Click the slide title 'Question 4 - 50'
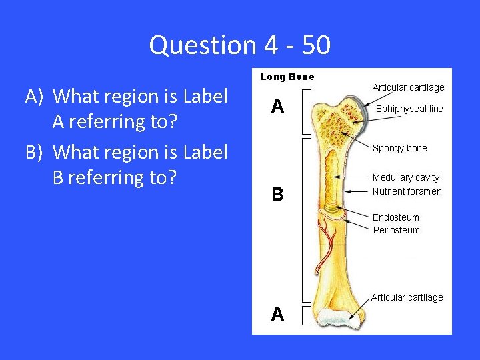click(x=240, y=45)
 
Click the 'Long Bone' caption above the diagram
click(x=287, y=77)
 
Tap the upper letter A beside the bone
click(x=277, y=107)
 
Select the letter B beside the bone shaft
click(x=277, y=195)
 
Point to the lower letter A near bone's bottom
click(x=277, y=314)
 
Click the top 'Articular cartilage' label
click(x=408, y=87)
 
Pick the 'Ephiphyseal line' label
click(x=409, y=109)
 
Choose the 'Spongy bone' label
click(x=400, y=148)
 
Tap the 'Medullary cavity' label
click(x=406, y=177)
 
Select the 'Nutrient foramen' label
click(x=407, y=191)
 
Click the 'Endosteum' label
click(x=396, y=217)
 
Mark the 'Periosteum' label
click(x=396, y=230)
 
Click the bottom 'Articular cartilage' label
click(x=407, y=297)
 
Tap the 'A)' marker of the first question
click(x=36, y=97)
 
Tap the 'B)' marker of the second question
click(x=36, y=153)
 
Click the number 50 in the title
click(x=315, y=45)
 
